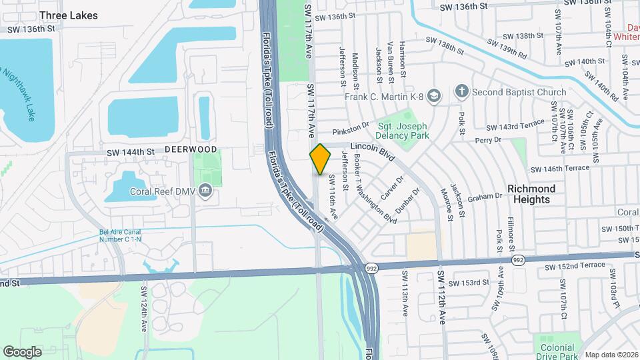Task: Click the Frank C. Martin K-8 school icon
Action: [x=435, y=97]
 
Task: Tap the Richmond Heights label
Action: [x=531, y=194]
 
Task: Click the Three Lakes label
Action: [x=69, y=15]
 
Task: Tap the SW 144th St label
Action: [x=131, y=153]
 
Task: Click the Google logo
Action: [x=22, y=352]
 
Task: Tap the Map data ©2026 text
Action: [x=611, y=355]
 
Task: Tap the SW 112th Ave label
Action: [x=441, y=297]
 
